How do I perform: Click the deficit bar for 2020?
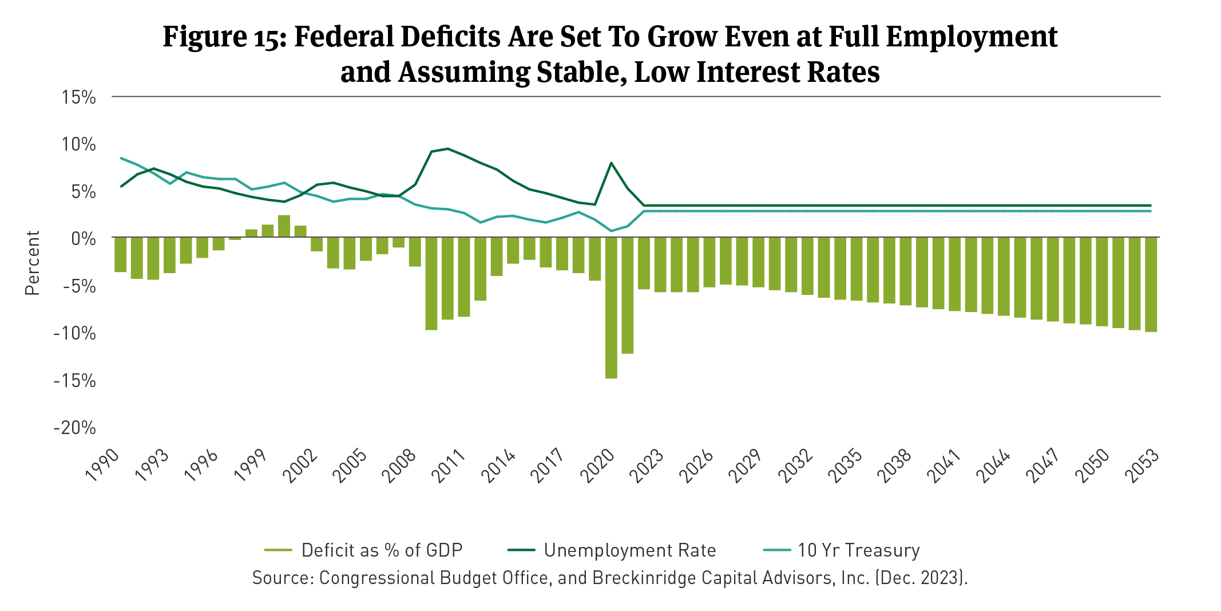[611, 308]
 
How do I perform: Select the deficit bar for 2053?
[1151, 284]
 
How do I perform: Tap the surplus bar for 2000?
[284, 226]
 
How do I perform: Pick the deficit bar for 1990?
[120, 254]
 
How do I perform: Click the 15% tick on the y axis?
[79, 97]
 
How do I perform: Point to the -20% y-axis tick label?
[75, 428]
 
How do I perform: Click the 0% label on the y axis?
[83, 238]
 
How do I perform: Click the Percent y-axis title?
[33, 263]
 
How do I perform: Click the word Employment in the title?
[972, 37]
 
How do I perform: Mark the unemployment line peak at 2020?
[611, 163]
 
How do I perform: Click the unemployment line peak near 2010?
[447, 149]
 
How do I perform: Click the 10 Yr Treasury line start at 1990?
[121, 158]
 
